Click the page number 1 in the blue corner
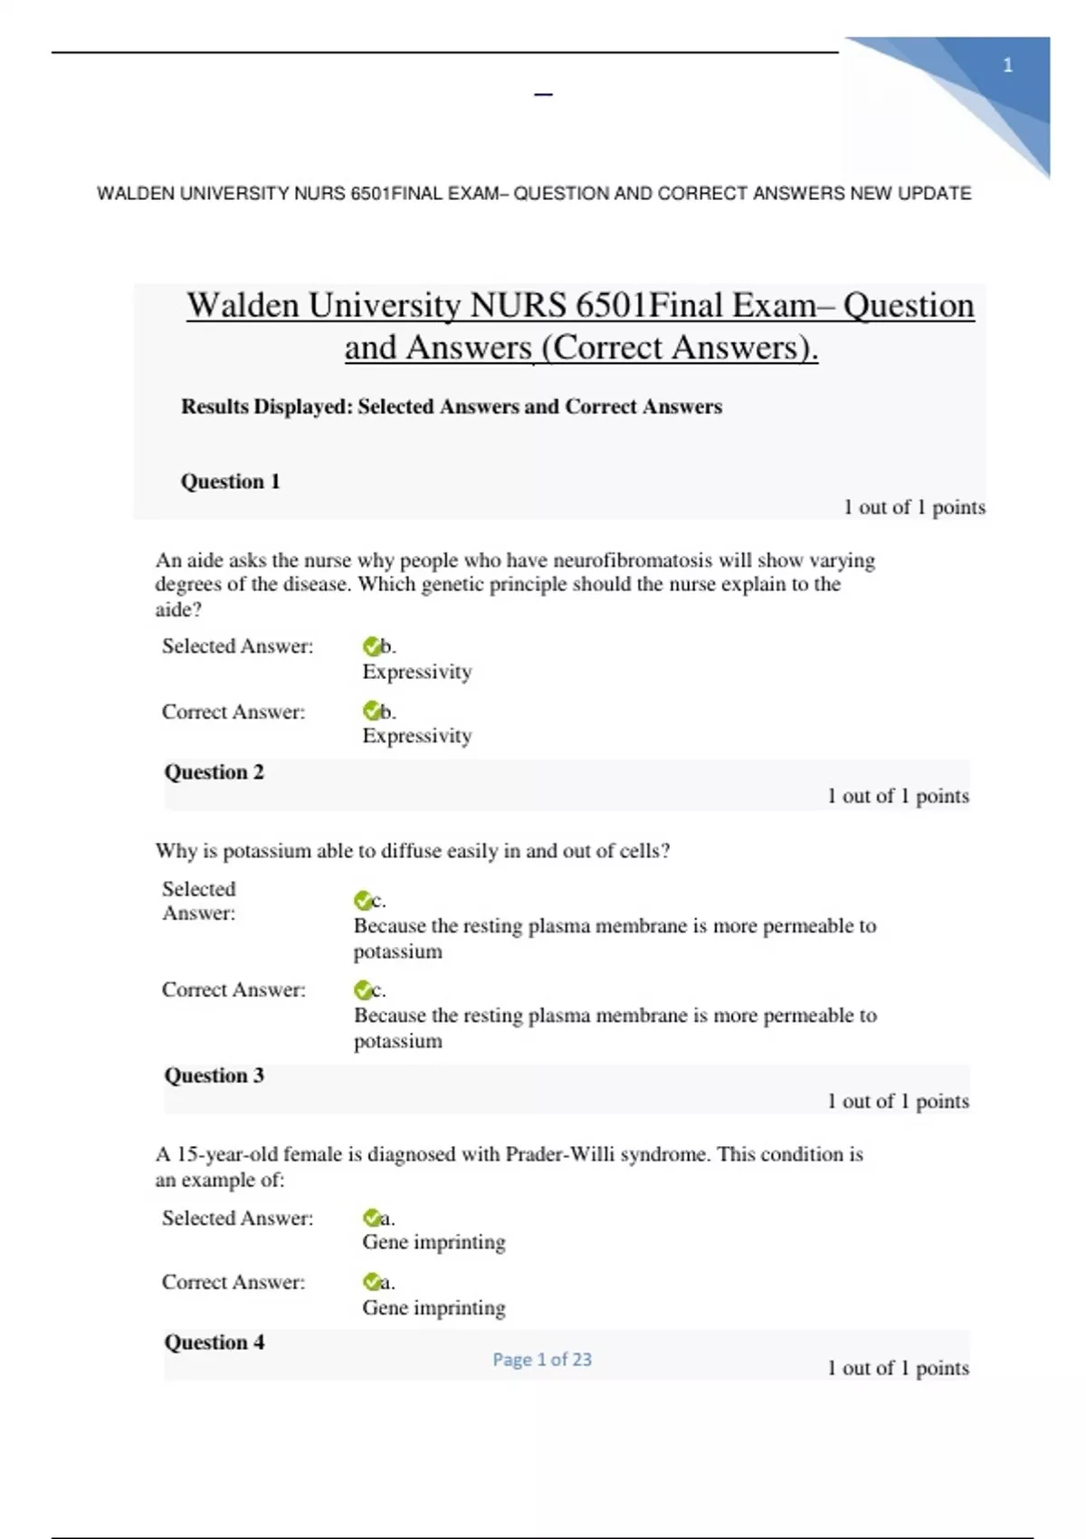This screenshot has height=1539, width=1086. tap(1007, 65)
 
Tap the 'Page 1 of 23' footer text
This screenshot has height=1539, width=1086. tap(542, 1359)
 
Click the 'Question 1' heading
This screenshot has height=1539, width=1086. tap(230, 482)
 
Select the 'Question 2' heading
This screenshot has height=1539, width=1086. tap(214, 772)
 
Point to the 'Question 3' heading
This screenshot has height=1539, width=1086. tap(214, 1075)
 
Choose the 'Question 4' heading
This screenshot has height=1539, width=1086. tap(214, 1343)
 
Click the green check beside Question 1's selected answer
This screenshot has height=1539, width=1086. tap(371, 646)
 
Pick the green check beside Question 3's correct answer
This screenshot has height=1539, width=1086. tap(371, 1282)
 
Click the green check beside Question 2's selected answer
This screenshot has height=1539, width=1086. tap(362, 901)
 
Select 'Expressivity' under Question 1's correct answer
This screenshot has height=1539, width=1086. tap(417, 736)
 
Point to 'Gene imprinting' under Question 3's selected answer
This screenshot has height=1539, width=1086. tap(433, 1242)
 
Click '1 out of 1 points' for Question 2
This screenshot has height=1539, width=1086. tap(898, 796)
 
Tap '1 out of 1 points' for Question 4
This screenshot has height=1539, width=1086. tap(898, 1368)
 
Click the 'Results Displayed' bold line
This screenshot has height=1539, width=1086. tap(451, 406)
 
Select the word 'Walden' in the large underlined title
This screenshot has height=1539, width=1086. tap(243, 306)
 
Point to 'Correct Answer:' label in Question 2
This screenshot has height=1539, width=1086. tap(233, 989)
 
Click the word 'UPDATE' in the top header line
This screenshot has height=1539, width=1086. tap(934, 194)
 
